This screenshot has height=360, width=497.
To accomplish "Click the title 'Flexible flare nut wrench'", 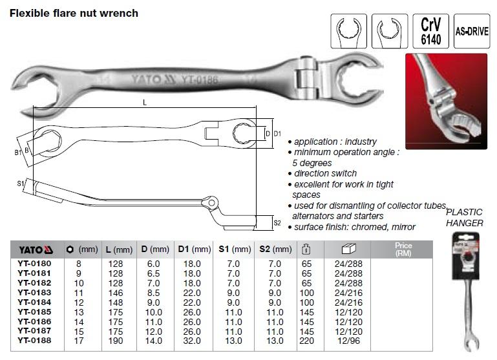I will coord(74,13).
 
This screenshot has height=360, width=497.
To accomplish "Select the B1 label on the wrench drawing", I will coord(17,153).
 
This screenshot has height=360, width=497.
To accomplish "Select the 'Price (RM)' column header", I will coord(403,249).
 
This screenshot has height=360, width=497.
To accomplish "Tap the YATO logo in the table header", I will coord(39,249).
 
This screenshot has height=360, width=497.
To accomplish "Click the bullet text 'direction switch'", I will coord(326,174).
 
